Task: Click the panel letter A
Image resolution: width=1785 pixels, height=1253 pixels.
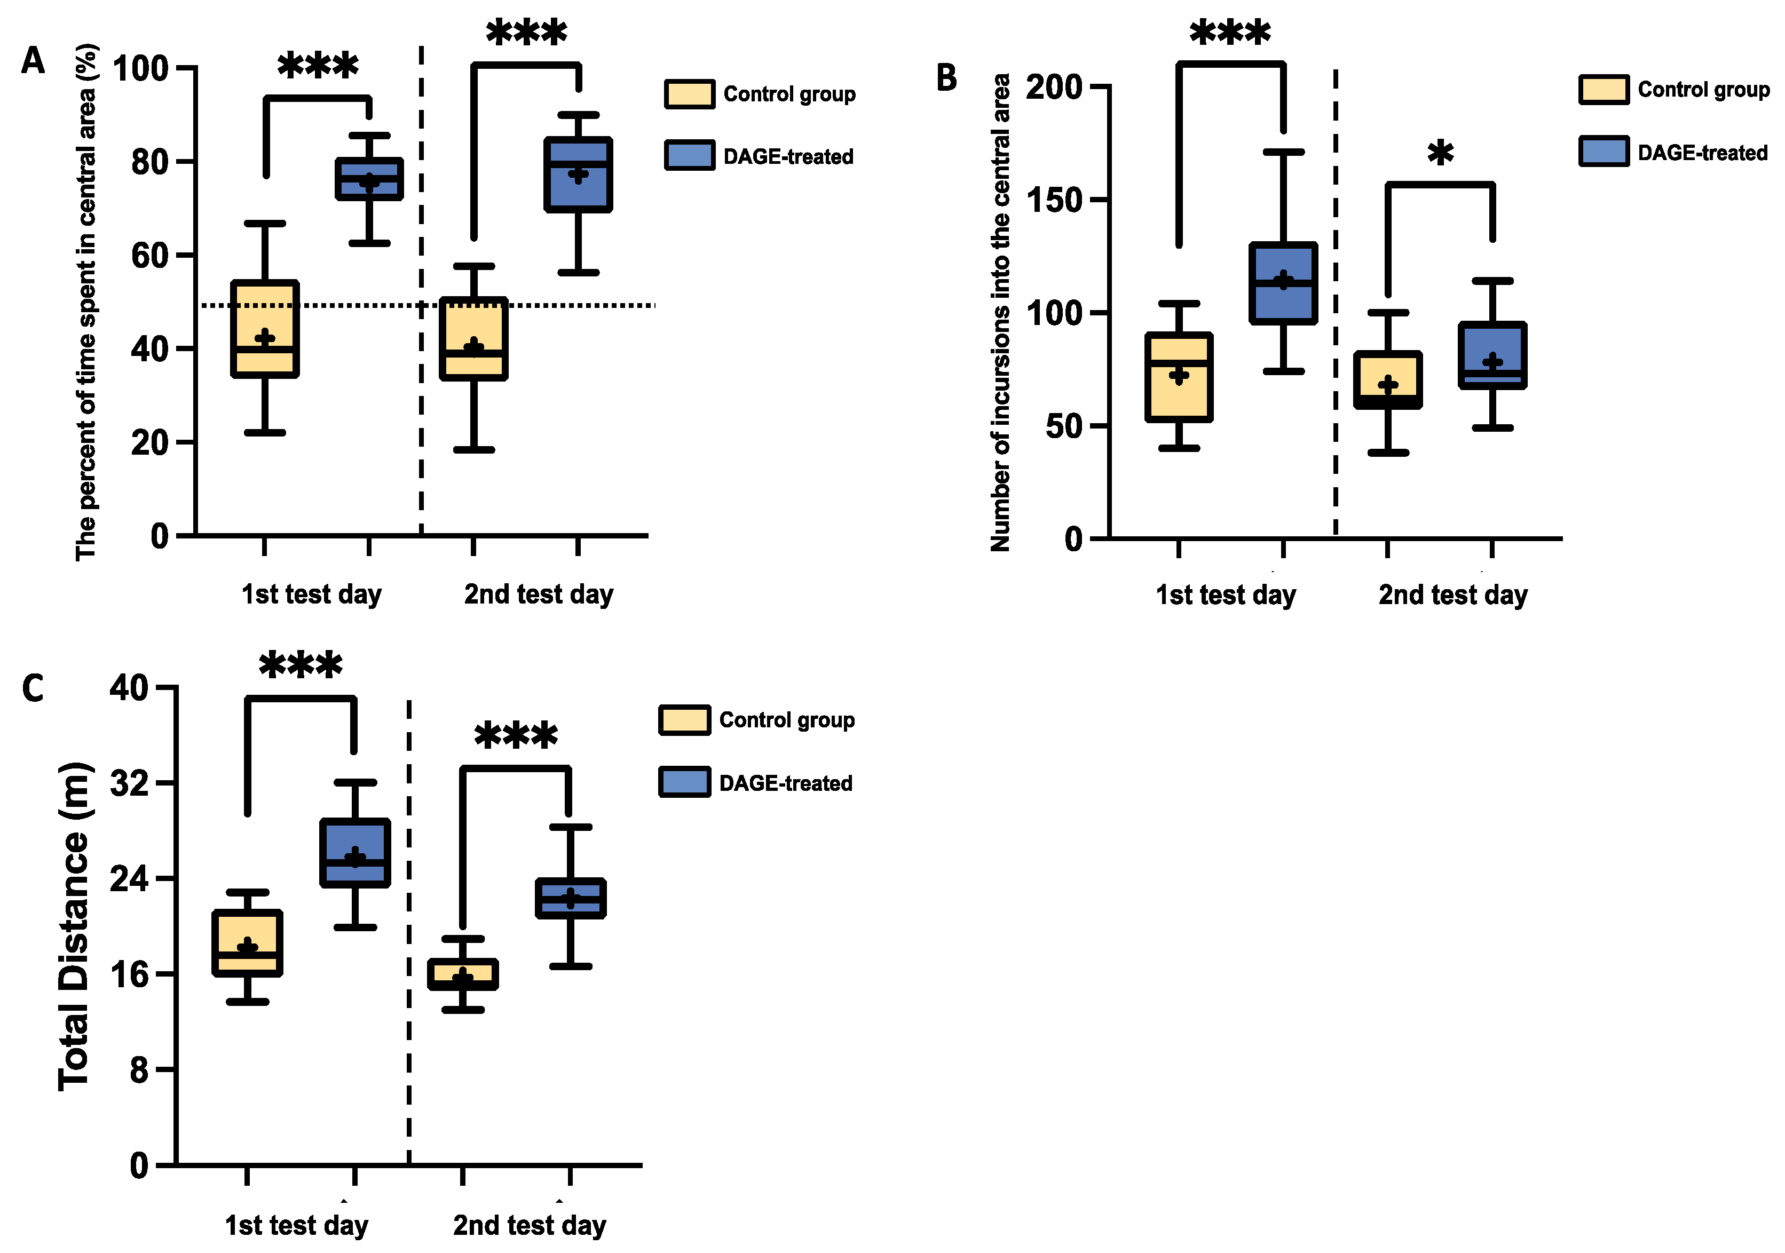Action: (33, 61)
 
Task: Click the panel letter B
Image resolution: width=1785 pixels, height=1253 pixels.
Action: (946, 78)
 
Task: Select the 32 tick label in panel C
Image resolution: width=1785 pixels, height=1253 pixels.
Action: (129, 783)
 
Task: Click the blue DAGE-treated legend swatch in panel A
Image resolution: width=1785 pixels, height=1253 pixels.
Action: (689, 155)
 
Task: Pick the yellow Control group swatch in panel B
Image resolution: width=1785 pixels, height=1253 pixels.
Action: (1603, 90)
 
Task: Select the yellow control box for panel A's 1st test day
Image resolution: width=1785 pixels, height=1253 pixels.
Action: (265, 329)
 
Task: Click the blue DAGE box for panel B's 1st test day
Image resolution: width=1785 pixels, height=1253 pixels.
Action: (1283, 283)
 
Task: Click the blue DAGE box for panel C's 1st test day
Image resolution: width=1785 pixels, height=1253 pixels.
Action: (354, 853)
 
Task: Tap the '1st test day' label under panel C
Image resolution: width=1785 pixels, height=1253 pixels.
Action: (296, 1225)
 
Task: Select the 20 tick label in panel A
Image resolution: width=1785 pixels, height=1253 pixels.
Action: (149, 443)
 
